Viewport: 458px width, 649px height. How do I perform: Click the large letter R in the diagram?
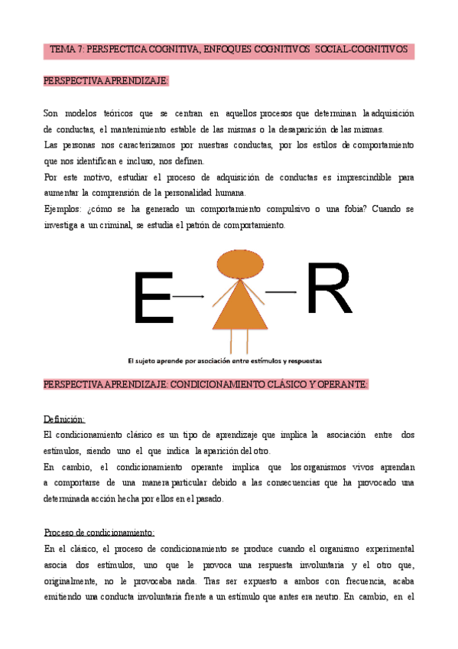pyautogui.click(x=329, y=289)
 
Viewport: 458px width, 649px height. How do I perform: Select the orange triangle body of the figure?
pyautogui.click(x=239, y=305)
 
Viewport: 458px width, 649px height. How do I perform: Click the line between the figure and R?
pyautogui.click(x=280, y=292)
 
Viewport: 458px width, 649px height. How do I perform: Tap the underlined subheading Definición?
pyautogui.click(x=64, y=419)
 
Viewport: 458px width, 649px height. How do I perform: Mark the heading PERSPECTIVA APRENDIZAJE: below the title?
pyautogui.click(x=106, y=80)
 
